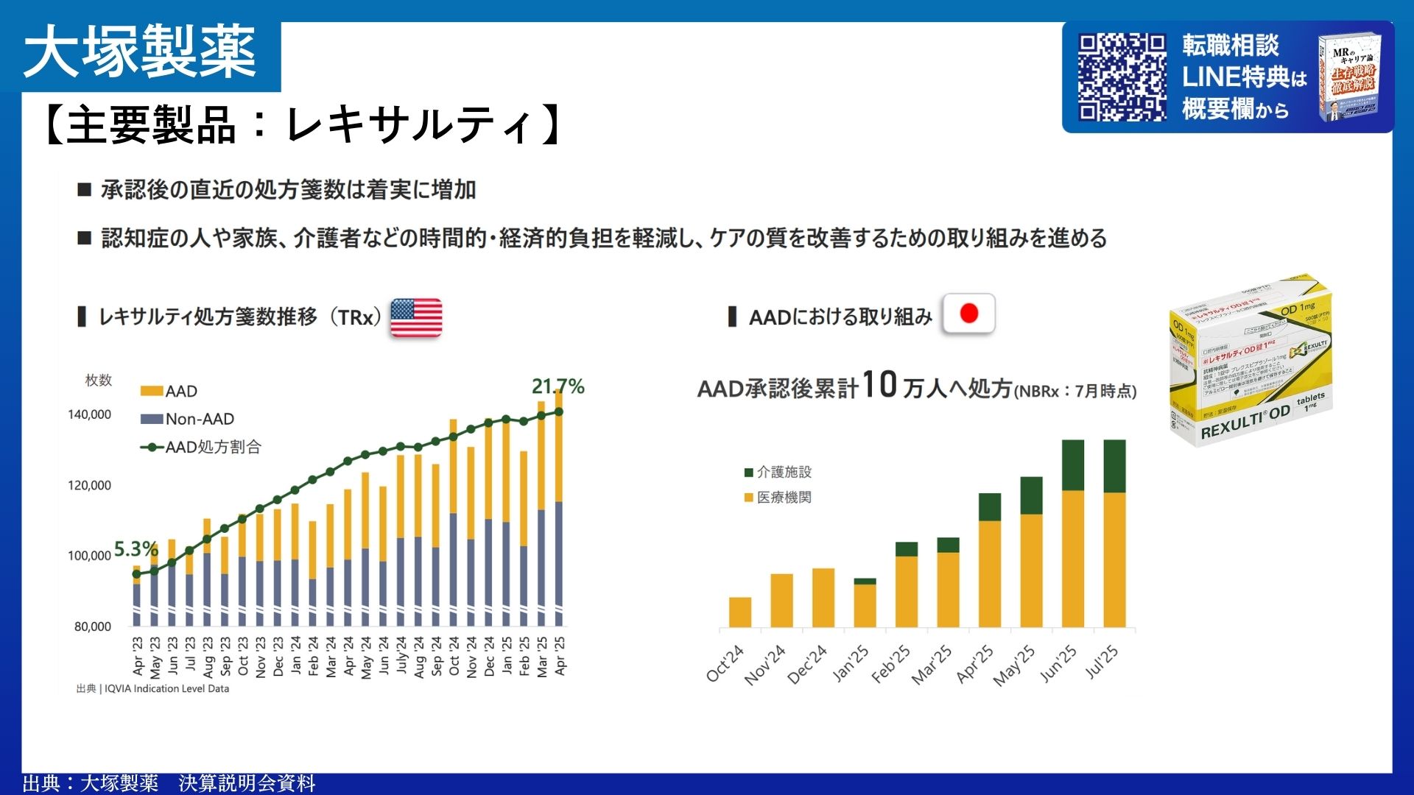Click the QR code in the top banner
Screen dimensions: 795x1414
point(1122,77)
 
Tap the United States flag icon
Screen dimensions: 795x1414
point(416,317)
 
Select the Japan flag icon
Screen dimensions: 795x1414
point(968,314)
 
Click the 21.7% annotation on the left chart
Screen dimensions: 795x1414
point(557,386)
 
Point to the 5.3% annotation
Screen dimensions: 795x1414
point(136,549)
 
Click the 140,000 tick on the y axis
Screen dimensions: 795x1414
point(89,414)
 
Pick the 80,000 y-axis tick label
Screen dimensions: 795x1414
point(92,626)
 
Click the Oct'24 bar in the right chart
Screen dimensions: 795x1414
point(740,612)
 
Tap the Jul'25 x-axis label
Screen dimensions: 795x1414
point(1102,663)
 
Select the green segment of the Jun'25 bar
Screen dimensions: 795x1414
point(1073,465)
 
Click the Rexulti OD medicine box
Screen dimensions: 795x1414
point(1251,361)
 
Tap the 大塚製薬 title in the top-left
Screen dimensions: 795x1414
point(140,52)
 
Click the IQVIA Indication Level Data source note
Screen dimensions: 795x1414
point(153,689)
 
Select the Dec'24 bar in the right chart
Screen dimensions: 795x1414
point(823,598)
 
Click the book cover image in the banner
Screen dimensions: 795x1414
point(1350,77)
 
